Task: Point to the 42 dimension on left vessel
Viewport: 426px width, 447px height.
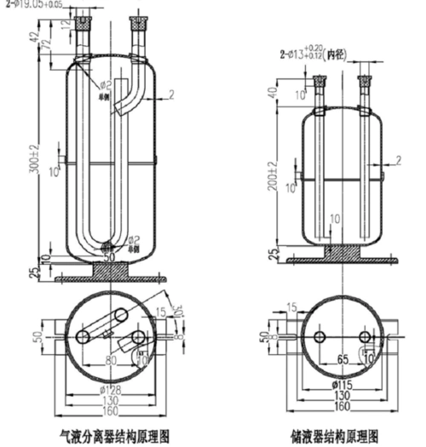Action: click(32, 37)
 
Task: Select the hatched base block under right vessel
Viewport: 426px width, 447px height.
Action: click(340, 252)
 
